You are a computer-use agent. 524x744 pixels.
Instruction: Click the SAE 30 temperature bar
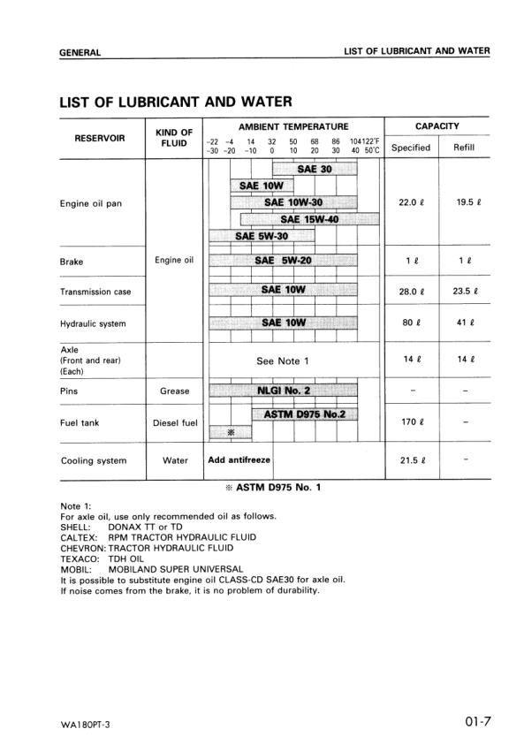(315, 169)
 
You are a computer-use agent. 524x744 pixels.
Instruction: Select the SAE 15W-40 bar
(300, 219)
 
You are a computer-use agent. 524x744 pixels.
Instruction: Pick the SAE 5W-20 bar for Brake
(283, 261)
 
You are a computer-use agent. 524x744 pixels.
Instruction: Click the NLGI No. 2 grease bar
(283, 388)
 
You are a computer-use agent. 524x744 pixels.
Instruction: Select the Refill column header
(464, 148)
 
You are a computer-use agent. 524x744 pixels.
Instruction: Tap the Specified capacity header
(410, 148)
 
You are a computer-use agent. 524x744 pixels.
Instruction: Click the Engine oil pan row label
(90, 203)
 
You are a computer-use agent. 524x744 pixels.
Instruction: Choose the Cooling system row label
(93, 460)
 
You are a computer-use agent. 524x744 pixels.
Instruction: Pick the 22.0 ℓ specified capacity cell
(412, 202)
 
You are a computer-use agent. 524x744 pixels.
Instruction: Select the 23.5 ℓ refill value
(465, 291)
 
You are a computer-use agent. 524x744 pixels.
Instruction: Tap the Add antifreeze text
(239, 459)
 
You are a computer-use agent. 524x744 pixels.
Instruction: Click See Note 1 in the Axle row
(283, 361)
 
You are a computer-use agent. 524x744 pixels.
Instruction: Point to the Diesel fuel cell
(175, 422)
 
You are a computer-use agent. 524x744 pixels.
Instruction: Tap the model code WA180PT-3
(87, 725)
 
